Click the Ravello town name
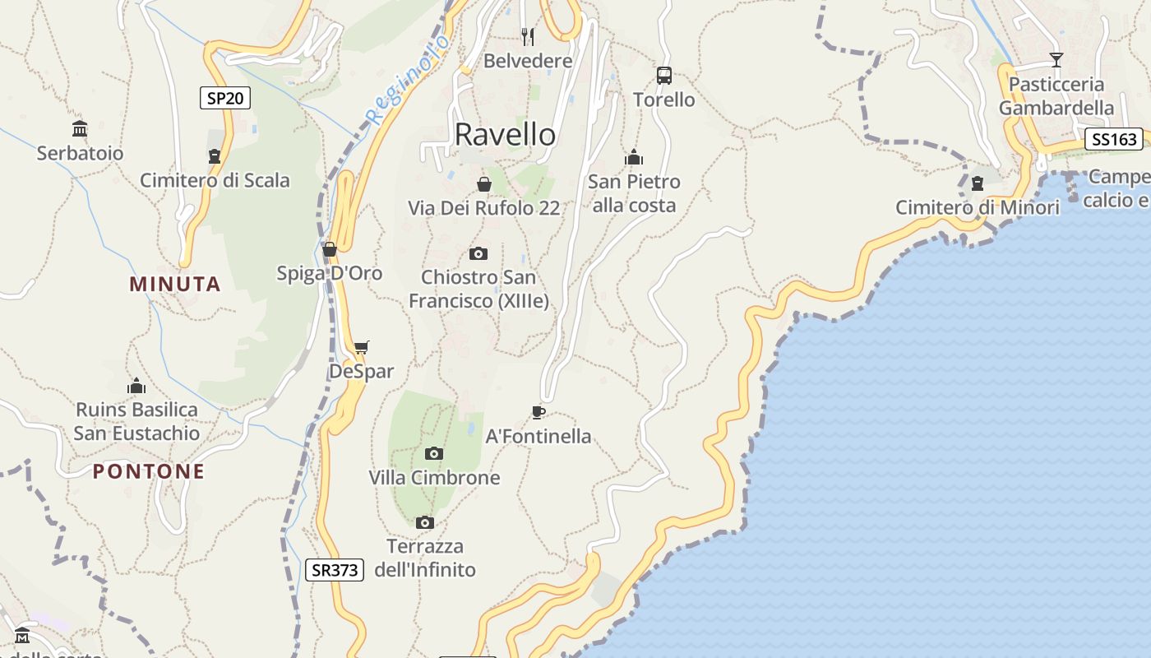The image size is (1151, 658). pos(505,135)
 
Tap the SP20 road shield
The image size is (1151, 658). pos(225,99)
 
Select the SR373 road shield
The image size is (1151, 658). pos(335,570)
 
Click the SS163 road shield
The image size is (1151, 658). pos(1114,140)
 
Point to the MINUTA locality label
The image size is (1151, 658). pos(175,285)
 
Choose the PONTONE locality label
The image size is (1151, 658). pos(149,472)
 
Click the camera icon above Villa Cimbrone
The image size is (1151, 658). pos(434,453)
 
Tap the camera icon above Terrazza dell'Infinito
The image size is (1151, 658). pos(424,522)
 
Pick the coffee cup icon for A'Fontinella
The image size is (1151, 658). pos(539,412)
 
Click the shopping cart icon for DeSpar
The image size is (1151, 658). pos(362,347)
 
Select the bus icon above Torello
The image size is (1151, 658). pos(664,76)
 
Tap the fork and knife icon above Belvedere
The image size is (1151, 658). pos(528,37)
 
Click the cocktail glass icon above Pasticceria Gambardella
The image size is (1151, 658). pos(1056,60)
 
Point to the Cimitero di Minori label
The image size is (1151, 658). pos(978,208)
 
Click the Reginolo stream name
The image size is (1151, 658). pos(409,80)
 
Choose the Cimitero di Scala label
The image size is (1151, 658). pos(215,181)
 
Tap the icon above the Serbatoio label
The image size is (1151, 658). pos(80,129)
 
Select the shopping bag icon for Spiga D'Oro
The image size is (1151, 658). pos(330,249)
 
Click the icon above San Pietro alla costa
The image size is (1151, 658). pos(634,157)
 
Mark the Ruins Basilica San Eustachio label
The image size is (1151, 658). pos(137,421)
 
